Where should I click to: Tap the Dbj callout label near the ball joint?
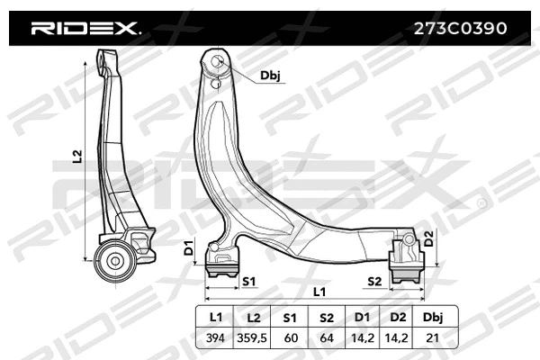[270, 76]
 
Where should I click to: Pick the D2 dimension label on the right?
[428, 238]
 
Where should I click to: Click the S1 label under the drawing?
[250, 282]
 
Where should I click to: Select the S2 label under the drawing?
[374, 282]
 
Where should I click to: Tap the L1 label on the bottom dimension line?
[319, 292]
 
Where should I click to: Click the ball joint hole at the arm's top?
[217, 62]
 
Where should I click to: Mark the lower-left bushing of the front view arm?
[222, 263]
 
